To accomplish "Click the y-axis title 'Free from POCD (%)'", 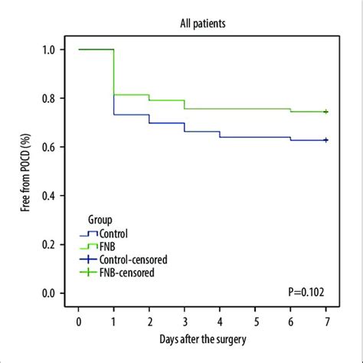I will (25, 170).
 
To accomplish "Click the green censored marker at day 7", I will (326, 112).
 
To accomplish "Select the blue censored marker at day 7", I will (326, 140).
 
